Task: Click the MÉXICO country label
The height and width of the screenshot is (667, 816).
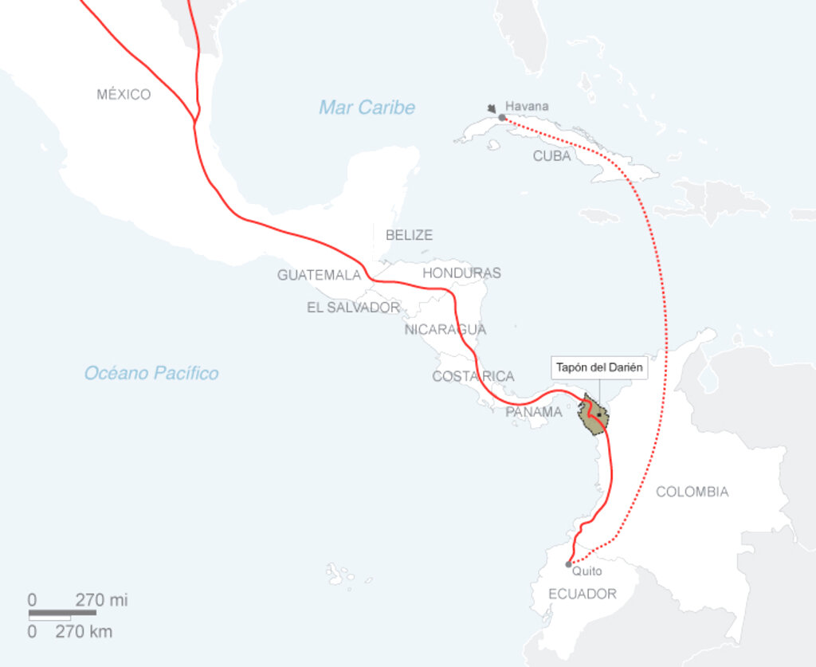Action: pyautogui.click(x=124, y=95)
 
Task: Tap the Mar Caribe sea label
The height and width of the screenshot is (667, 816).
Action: pyautogui.click(x=367, y=108)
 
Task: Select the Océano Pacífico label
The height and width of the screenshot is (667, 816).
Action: pyautogui.click(x=151, y=373)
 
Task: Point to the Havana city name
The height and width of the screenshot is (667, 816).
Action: pyautogui.click(x=527, y=106)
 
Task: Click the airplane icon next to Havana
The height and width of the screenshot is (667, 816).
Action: pyautogui.click(x=492, y=107)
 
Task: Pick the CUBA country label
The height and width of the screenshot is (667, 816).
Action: pyautogui.click(x=551, y=156)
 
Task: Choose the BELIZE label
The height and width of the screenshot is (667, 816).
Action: pyautogui.click(x=409, y=235)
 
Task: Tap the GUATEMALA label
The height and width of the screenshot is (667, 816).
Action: pyautogui.click(x=319, y=275)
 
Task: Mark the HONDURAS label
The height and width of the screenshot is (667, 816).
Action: pyautogui.click(x=461, y=273)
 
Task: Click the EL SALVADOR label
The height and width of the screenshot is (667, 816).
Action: pyautogui.click(x=353, y=308)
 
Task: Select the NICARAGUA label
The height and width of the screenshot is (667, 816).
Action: pyautogui.click(x=445, y=329)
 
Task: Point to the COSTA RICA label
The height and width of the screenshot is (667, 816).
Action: pyautogui.click(x=473, y=376)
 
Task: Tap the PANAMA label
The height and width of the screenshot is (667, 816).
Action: pyautogui.click(x=533, y=412)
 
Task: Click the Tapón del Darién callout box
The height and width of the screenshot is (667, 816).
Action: pyautogui.click(x=598, y=368)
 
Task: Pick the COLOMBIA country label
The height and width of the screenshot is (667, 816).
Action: pyautogui.click(x=692, y=492)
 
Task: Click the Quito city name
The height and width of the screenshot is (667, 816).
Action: pyautogui.click(x=586, y=571)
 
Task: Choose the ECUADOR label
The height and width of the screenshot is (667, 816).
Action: pyautogui.click(x=582, y=594)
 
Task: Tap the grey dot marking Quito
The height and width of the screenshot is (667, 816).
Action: pyautogui.click(x=568, y=564)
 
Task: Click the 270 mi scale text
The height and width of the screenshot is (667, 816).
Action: pyautogui.click(x=101, y=600)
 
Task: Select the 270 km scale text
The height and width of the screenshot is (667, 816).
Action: pyautogui.click(x=84, y=632)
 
